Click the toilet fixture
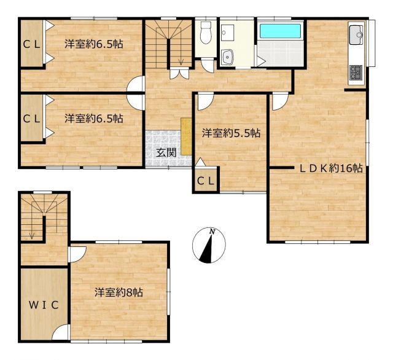click(206, 32)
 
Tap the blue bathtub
click(279, 31)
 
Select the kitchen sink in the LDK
click(356, 37)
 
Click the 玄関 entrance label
click(164, 152)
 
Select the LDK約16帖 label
click(330, 168)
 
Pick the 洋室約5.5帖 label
click(231, 132)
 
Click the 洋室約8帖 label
click(119, 292)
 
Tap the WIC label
click(42, 305)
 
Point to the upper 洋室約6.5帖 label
click(93, 44)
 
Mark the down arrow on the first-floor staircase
click(181, 60)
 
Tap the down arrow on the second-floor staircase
click(33, 233)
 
